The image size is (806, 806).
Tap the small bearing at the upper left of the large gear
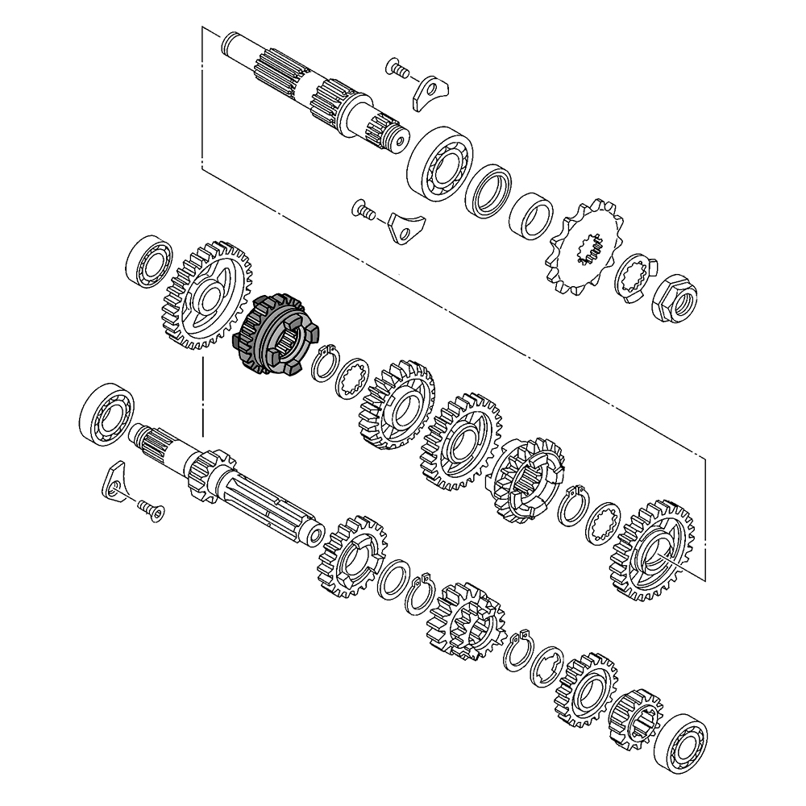click(149, 260)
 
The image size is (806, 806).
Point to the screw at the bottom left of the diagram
click(150, 509)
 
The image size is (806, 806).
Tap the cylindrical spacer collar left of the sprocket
click(531, 216)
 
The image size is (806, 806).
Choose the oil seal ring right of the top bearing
click(489, 192)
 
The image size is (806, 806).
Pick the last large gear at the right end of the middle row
click(653, 550)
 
